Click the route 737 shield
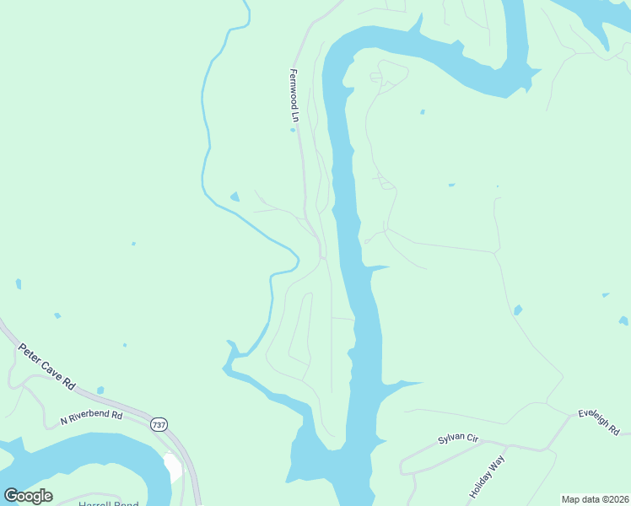pyautogui.click(x=159, y=425)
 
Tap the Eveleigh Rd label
pyautogui.click(x=599, y=422)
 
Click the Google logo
pyautogui.click(x=28, y=496)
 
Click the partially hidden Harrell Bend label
pyautogui.click(x=108, y=503)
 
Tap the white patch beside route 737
pyautogui.click(x=174, y=468)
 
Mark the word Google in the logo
pyautogui.click(x=28, y=496)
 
